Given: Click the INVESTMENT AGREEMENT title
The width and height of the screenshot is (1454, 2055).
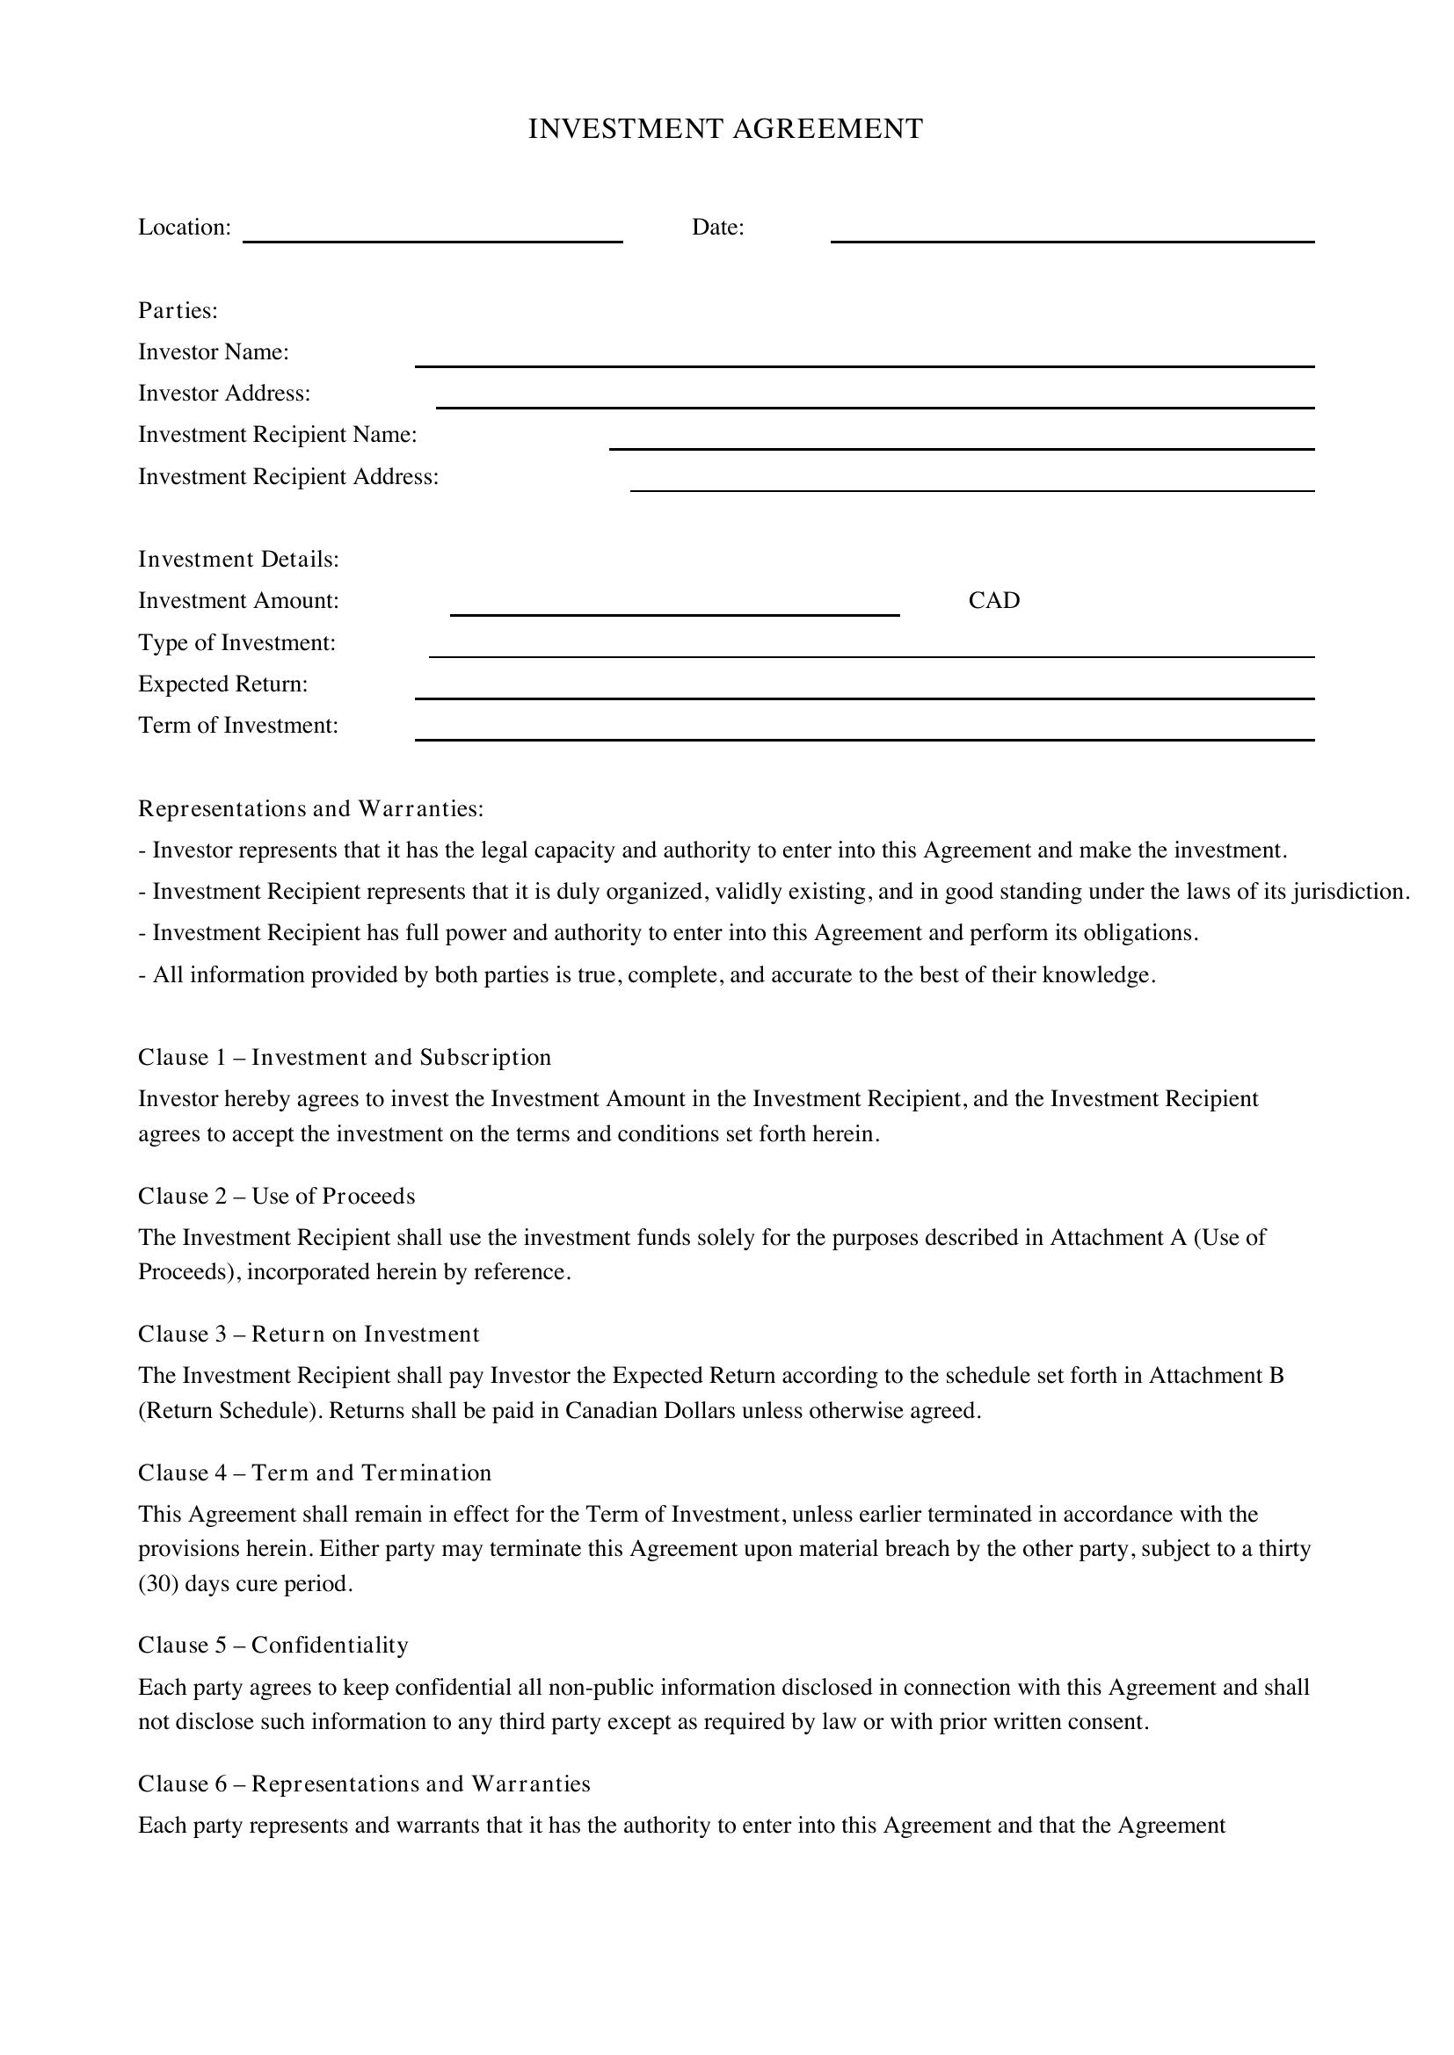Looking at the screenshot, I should (x=725, y=129).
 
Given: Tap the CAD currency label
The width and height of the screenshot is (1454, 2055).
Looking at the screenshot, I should (x=994, y=601).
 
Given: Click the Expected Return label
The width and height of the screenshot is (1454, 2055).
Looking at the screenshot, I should (x=223, y=684).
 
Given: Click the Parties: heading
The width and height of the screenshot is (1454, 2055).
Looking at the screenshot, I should (x=178, y=310).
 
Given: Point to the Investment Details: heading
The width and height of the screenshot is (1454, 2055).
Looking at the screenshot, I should (x=239, y=560).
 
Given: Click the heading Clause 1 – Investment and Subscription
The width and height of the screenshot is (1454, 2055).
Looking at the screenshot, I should (x=345, y=1057).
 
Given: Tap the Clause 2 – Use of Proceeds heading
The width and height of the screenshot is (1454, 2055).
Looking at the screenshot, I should (x=277, y=1196).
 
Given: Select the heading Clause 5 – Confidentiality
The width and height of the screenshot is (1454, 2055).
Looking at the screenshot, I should (x=273, y=1645).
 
